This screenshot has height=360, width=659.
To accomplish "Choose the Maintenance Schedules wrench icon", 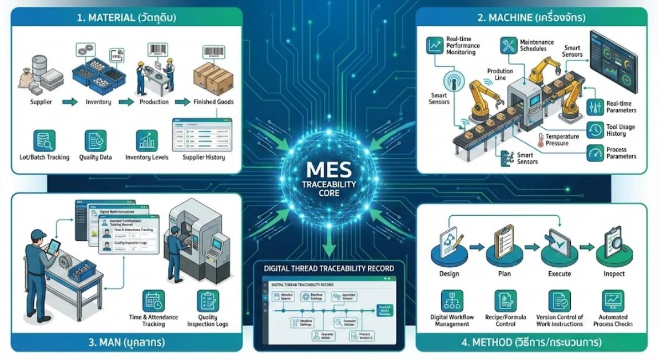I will pos(508,46).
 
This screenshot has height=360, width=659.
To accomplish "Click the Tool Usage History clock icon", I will pos(596,130).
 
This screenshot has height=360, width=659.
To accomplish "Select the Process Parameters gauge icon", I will pos(596,152).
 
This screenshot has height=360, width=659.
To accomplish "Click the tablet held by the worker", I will pos(52,248).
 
